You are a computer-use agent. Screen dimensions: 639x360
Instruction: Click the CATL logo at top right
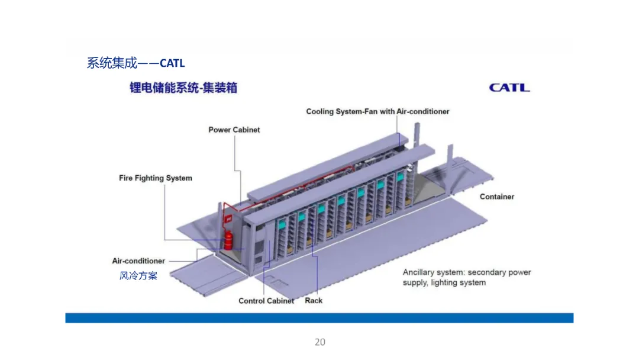[509, 88]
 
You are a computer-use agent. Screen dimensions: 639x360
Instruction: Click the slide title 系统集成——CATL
[135, 63]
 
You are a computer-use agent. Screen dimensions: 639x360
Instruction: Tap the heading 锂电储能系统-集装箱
[183, 88]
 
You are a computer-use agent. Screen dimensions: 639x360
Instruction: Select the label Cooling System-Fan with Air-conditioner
[377, 111]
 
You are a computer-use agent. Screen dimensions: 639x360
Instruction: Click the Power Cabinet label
[234, 130]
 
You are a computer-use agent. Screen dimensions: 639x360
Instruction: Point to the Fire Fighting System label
[156, 178]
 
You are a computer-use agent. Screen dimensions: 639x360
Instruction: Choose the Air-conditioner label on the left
[138, 261]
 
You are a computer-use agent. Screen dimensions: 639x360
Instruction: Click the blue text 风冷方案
[138, 275]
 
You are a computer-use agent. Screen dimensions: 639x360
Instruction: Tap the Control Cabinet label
[266, 301]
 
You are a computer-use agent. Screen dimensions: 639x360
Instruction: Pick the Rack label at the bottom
[314, 301]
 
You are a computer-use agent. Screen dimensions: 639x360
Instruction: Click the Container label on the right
[497, 197]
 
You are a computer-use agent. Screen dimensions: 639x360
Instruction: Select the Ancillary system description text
[467, 277]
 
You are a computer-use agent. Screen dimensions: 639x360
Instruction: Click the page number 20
[319, 342]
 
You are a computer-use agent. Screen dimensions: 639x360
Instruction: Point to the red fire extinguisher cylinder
[228, 242]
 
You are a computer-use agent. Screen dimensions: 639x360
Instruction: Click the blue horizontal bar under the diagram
[319, 318]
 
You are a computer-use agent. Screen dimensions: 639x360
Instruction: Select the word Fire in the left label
[125, 178]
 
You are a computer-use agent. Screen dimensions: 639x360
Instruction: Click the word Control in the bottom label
[251, 301]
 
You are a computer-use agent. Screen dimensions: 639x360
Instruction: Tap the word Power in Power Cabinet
[220, 130]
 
